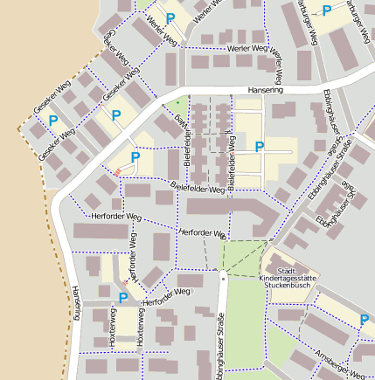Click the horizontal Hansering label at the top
point(265,89)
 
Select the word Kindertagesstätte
point(289,278)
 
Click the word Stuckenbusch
point(289,286)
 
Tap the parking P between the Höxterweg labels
point(123,298)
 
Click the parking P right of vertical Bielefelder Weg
point(260,147)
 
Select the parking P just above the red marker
point(135,157)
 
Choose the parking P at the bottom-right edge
point(364,321)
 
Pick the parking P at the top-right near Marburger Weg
point(327,10)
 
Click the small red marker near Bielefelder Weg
point(117,172)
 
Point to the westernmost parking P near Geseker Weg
point(53,121)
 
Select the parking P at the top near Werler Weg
point(170,17)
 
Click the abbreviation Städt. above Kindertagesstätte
point(286,270)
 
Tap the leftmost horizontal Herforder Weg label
point(115,216)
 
